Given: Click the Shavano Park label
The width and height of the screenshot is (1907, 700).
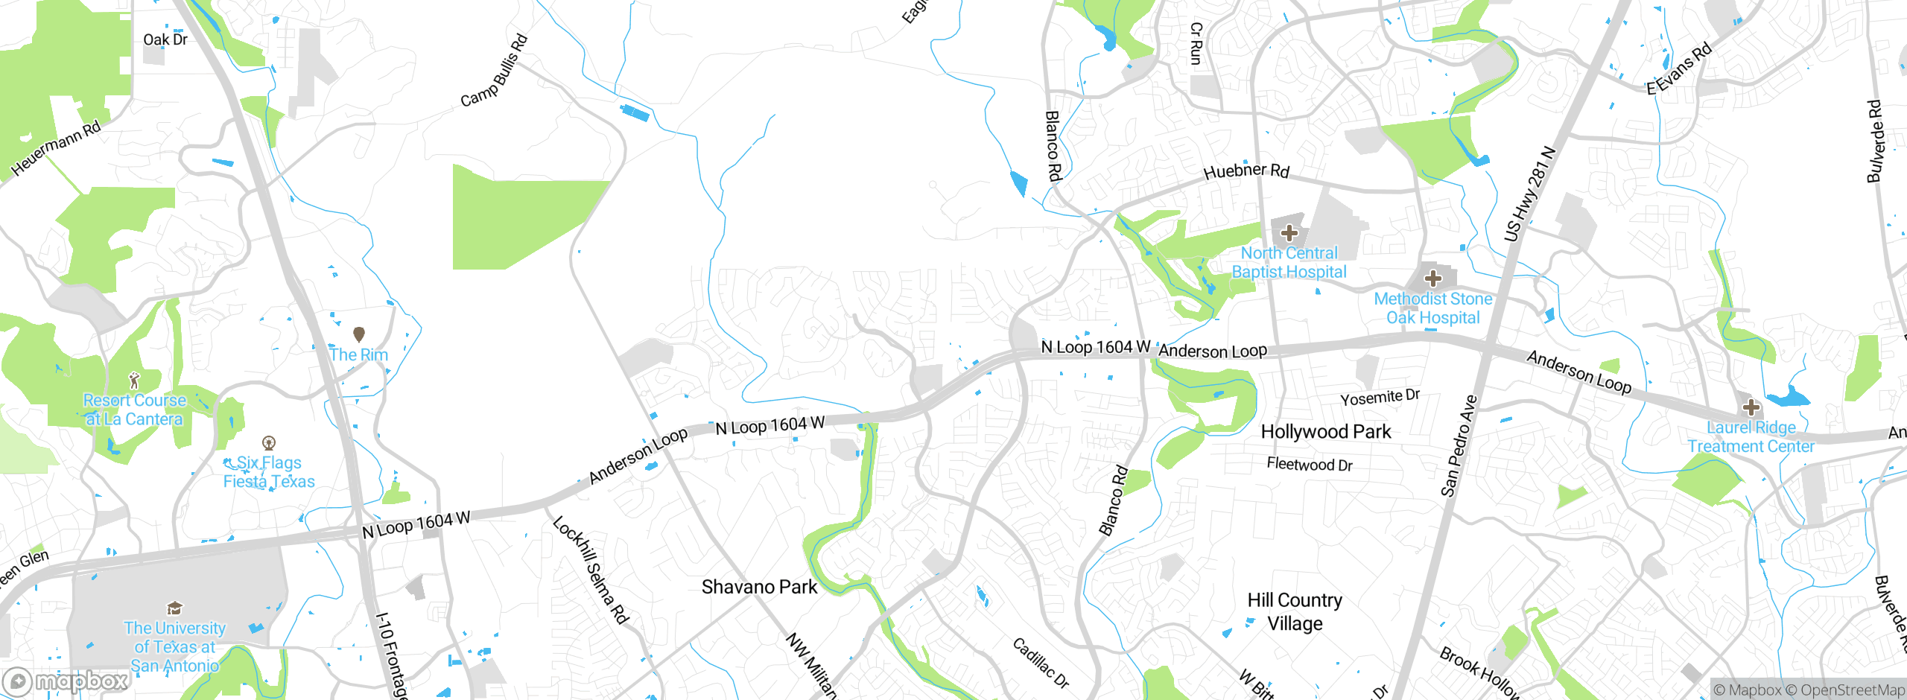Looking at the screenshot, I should (759, 587).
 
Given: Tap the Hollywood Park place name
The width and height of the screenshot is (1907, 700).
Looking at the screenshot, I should (1325, 432).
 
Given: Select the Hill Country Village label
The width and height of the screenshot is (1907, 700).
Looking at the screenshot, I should (1295, 611).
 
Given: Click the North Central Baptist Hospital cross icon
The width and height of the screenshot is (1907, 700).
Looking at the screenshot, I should (1289, 232).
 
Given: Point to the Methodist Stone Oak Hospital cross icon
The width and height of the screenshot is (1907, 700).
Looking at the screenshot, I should (1432, 279).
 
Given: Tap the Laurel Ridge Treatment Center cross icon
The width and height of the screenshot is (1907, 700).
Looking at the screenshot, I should (1751, 407).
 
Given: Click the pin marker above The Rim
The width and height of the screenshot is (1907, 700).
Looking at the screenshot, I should (358, 334).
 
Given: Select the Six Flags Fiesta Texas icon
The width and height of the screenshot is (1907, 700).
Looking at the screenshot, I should (270, 443).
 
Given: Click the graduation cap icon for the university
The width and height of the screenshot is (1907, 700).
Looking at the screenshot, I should (174, 608).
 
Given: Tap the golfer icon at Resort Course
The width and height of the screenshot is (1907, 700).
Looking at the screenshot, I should (134, 381).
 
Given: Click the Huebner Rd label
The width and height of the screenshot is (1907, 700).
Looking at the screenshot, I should (1246, 171).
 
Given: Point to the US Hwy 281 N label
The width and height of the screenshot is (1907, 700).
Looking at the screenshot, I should (1529, 194).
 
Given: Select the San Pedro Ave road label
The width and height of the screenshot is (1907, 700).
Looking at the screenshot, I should (1458, 445).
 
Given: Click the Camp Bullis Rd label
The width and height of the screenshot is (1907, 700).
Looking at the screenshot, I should (494, 71).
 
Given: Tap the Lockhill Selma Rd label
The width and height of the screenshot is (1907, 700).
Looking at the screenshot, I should (591, 570).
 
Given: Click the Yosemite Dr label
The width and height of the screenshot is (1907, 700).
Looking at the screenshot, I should (1380, 398).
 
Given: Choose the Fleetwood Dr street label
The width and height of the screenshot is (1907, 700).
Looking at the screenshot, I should (1309, 465).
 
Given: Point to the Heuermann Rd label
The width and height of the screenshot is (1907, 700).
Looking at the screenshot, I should (56, 148).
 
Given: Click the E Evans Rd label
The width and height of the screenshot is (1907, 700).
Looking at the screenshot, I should (1679, 69).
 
